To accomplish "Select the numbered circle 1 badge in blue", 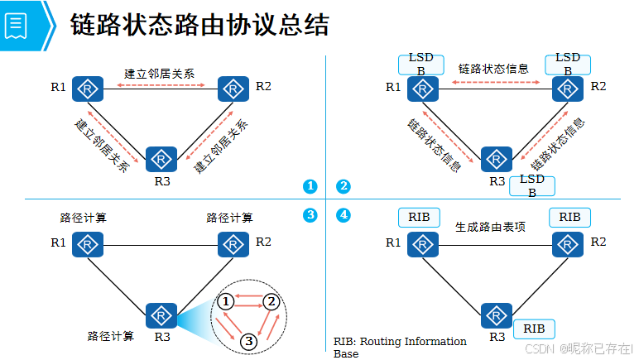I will click(x=310, y=186).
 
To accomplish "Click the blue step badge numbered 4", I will click(x=343, y=215).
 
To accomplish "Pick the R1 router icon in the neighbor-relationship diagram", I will click(x=86, y=88).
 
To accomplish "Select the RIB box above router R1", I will click(x=420, y=217).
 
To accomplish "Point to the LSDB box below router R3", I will click(x=531, y=185).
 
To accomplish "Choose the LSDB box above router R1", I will click(x=421, y=65).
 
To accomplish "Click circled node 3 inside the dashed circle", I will click(x=249, y=339).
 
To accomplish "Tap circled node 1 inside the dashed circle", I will click(x=226, y=302).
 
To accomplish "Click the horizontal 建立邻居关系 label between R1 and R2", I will click(x=160, y=73).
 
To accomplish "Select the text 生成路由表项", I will click(x=490, y=227).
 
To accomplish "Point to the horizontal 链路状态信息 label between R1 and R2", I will click(x=493, y=69).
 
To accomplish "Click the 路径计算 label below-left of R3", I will click(x=111, y=336).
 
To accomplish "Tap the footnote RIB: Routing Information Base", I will click(x=400, y=347).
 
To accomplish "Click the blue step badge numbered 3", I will click(x=310, y=215).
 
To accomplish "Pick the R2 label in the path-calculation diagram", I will click(x=263, y=242).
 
